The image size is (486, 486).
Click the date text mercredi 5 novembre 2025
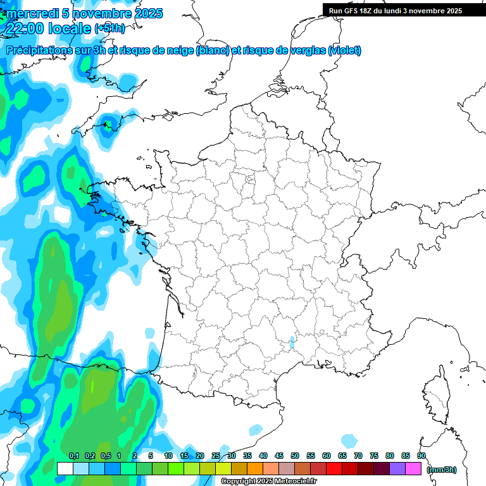(x=84, y=13)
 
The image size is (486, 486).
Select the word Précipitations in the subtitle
(x=44, y=51)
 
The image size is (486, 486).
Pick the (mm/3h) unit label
(x=442, y=469)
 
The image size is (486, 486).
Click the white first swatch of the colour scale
(x=65, y=469)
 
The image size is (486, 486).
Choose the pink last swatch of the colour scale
(x=413, y=469)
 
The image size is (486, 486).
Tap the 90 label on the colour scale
(x=421, y=456)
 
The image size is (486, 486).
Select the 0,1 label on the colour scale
(x=73, y=456)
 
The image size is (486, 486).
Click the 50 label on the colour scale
(x=295, y=456)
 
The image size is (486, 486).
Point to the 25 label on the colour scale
(x=216, y=456)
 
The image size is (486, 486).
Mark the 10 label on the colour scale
(x=168, y=456)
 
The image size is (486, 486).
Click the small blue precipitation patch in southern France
(x=292, y=342)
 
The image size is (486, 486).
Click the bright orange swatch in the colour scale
(x=255, y=469)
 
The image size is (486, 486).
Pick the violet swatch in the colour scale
(x=397, y=469)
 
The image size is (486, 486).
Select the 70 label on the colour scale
(x=358, y=456)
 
